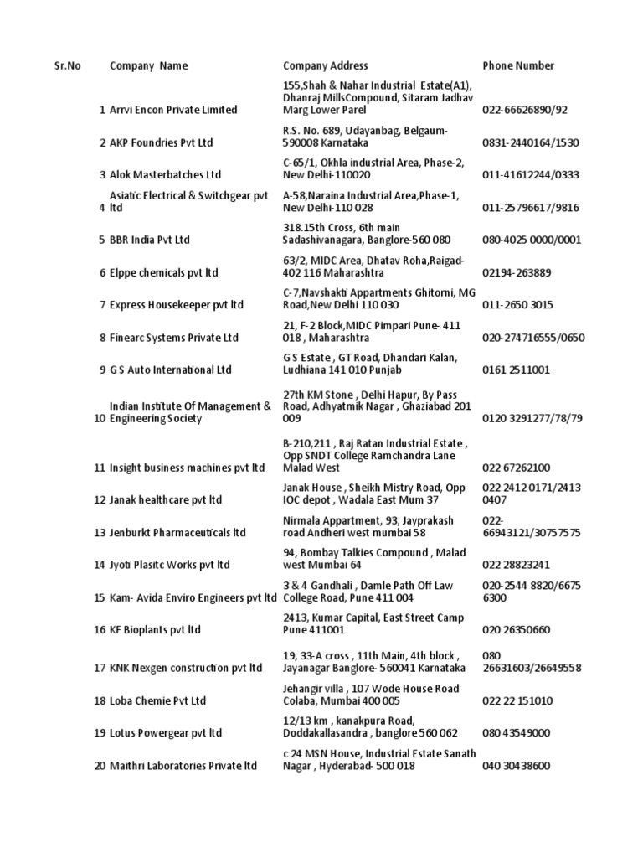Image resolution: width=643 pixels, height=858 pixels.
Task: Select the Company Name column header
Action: point(149,65)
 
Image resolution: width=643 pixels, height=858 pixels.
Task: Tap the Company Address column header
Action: point(325,65)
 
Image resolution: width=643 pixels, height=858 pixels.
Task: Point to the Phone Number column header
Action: point(518,65)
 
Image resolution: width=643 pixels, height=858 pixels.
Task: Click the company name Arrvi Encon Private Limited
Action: point(173,110)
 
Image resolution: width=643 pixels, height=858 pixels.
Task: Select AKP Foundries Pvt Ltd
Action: point(160,142)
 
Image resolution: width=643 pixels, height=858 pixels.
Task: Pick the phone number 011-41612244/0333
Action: point(532,175)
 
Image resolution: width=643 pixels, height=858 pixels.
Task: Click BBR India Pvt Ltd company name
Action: point(150,240)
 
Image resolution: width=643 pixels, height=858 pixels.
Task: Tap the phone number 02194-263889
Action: point(517,272)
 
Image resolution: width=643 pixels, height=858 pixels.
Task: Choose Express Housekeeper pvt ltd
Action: point(176,305)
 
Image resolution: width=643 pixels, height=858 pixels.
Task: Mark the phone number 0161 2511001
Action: point(515,370)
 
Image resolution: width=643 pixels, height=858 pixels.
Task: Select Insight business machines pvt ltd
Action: point(187,468)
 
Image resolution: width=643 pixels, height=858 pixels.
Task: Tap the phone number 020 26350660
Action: point(517,629)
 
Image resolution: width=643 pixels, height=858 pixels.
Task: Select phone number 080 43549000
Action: point(517,732)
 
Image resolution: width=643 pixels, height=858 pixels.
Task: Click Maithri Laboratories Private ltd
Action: point(183,765)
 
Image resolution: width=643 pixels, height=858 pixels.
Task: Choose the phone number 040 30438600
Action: point(517,765)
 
